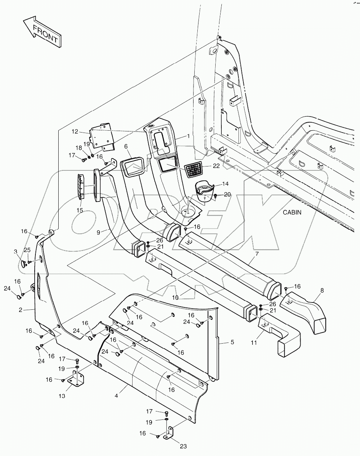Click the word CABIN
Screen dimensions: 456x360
click(x=292, y=213)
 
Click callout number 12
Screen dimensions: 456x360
click(x=75, y=131)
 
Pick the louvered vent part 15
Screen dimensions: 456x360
click(x=82, y=186)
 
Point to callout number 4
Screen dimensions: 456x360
click(x=116, y=387)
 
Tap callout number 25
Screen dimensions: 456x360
click(x=27, y=250)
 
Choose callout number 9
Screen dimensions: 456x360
click(x=98, y=232)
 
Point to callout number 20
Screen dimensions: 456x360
click(x=227, y=194)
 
